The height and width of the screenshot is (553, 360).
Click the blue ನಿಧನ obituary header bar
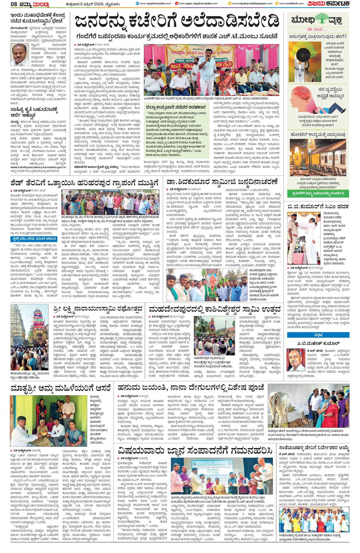pyautogui.click(x=318, y=335)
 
